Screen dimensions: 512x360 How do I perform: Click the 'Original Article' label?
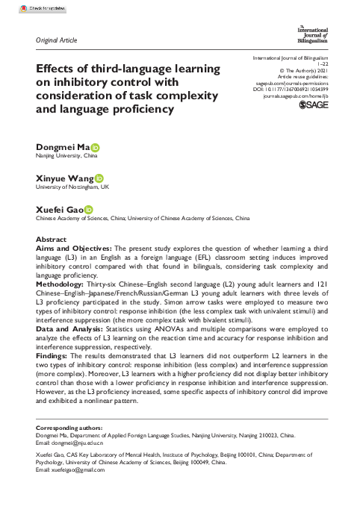point(57,40)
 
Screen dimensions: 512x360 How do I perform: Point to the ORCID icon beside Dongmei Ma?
point(96,149)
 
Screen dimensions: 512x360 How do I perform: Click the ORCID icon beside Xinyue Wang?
point(99,178)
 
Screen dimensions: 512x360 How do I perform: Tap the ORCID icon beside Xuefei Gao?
point(88,210)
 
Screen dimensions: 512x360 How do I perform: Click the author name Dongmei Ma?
point(63,149)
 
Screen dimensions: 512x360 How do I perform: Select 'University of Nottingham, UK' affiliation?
point(73,187)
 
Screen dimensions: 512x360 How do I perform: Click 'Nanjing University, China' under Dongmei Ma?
point(66,157)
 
